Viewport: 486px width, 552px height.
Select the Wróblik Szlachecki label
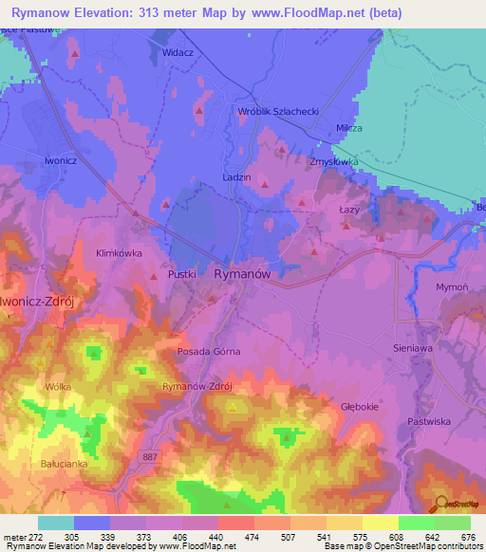[x=278, y=111]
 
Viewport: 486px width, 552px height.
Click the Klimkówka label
[x=119, y=253]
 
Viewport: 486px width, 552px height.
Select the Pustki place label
[x=181, y=274]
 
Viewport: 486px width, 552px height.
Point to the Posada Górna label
[x=209, y=351]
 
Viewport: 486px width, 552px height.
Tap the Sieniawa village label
[x=413, y=348]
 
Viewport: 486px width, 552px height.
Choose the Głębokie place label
[x=360, y=406]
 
